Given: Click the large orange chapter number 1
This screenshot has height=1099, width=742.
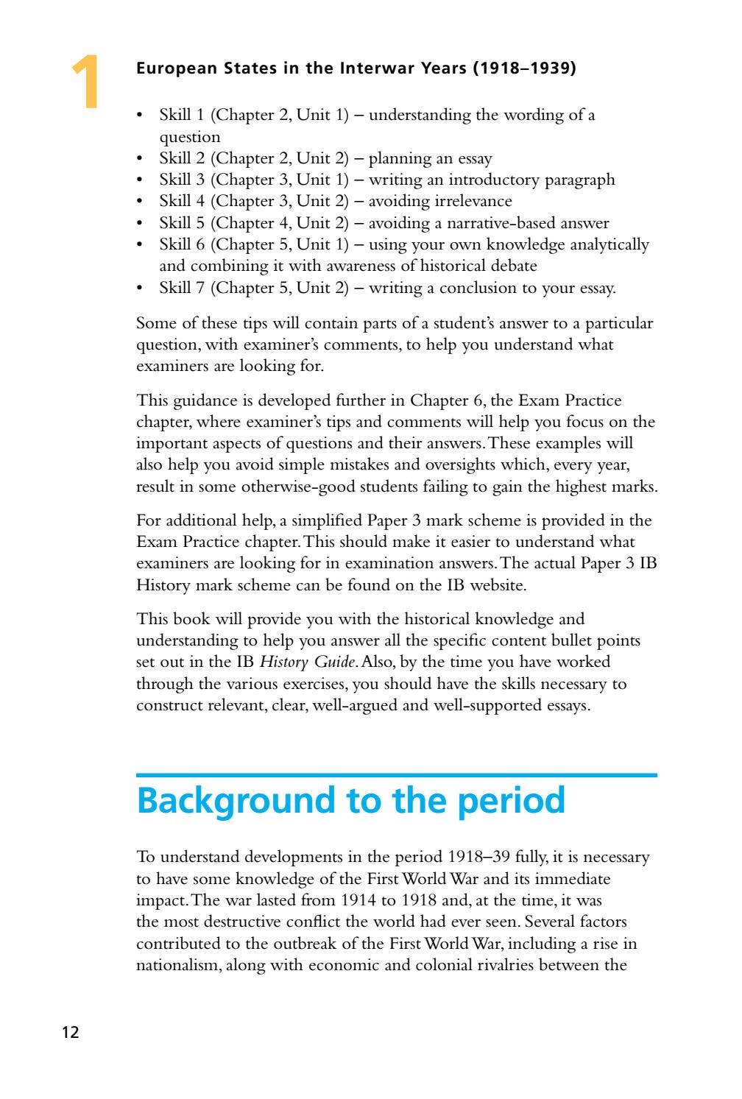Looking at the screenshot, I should pyautogui.click(x=86, y=82).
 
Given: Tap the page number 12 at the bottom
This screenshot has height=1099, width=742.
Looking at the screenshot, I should pyautogui.click(x=70, y=1032).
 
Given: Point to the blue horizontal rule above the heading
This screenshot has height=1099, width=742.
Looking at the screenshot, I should pyautogui.click(x=396, y=775).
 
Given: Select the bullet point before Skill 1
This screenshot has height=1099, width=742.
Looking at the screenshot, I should pyautogui.click(x=141, y=116).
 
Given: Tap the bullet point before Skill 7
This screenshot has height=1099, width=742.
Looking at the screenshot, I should pyautogui.click(x=141, y=289).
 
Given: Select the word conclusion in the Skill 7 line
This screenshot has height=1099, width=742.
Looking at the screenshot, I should pyautogui.click(x=478, y=288).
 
